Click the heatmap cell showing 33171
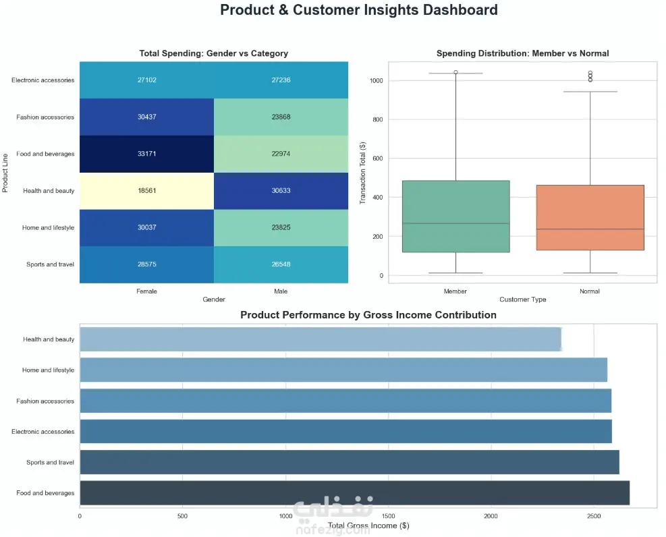[x=146, y=154]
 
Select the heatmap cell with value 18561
[x=146, y=191]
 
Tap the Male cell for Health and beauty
[x=281, y=191]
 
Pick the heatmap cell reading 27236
[x=281, y=80]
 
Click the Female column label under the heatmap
[x=146, y=291]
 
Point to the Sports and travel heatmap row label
[x=50, y=264]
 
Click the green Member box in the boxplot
[x=455, y=217]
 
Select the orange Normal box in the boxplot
[x=590, y=217]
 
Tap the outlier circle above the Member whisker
[x=455, y=72]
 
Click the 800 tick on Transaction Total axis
[x=378, y=119]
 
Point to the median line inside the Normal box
[x=590, y=229]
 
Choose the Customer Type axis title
[x=522, y=300]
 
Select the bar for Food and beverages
[x=355, y=493]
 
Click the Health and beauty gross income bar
[x=321, y=339]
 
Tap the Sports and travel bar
[x=350, y=462]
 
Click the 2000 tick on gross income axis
[x=491, y=516]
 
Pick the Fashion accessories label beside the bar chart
[x=45, y=401]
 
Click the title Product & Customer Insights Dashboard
[x=359, y=9]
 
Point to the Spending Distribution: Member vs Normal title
[x=522, y=53]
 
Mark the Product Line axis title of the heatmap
[x=5, y=173]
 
